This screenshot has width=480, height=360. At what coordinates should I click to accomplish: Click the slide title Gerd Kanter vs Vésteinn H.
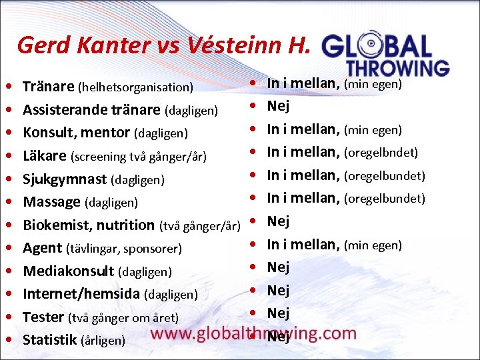(x=163, y=45)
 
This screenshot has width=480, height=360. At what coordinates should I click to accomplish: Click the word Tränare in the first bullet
(x=48, y=87)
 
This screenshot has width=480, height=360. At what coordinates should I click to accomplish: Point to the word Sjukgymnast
(x=65, y=179)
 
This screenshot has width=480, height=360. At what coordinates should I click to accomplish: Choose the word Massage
(x=52, y=201)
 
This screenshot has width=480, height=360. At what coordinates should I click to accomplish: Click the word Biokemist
(x=55, y=225)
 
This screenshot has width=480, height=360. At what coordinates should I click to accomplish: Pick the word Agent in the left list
(x=42, y=248)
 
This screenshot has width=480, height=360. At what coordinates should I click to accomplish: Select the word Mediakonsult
(x=69, y=271)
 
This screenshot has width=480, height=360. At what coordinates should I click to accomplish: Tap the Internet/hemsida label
(x=81, y=294)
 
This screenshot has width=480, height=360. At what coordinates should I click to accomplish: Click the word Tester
(x=43, y=317)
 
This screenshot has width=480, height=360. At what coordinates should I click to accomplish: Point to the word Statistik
(x=49, y=340)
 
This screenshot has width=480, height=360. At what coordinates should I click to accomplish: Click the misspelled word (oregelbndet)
(x=381, y=153)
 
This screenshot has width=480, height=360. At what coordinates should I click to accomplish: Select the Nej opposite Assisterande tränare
(x=278, y=106)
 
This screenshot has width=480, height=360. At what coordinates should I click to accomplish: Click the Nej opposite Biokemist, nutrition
(x=278, y=221)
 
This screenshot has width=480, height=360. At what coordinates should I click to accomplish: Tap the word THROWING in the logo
(x=397, y=67)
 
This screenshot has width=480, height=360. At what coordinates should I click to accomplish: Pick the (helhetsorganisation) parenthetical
(x=136, y=87)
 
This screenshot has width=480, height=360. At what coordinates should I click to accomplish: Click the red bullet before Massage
(x=7, y=202)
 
